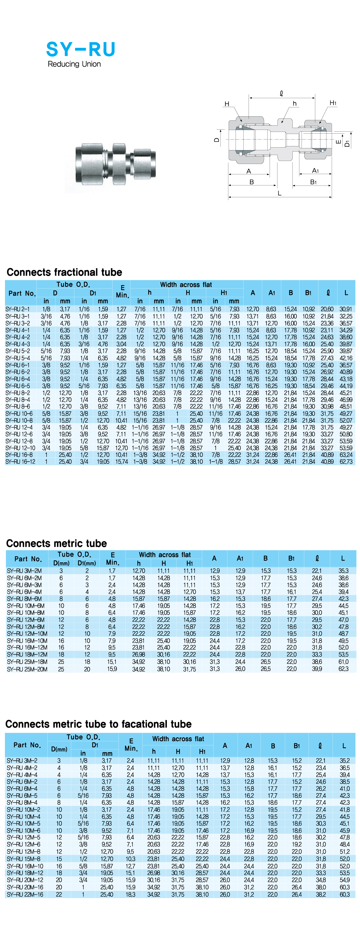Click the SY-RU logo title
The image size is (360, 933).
[81, 49]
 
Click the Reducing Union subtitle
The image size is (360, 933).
[74, 64]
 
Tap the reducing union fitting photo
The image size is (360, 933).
[115, 163]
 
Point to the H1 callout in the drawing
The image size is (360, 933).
[333, 103]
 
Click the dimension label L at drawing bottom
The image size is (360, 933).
[279, 193]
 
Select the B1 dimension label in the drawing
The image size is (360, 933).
[313, 182]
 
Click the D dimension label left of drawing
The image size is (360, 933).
[217, 140]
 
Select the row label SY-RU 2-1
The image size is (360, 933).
[17, 309]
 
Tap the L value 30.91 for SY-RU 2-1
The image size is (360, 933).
[346, 309]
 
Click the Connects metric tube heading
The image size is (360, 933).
[57, 543]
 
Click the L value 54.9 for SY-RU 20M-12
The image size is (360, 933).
[344, 880]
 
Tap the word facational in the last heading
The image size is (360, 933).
[146, 724]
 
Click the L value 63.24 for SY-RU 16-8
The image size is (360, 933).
[346, 455]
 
